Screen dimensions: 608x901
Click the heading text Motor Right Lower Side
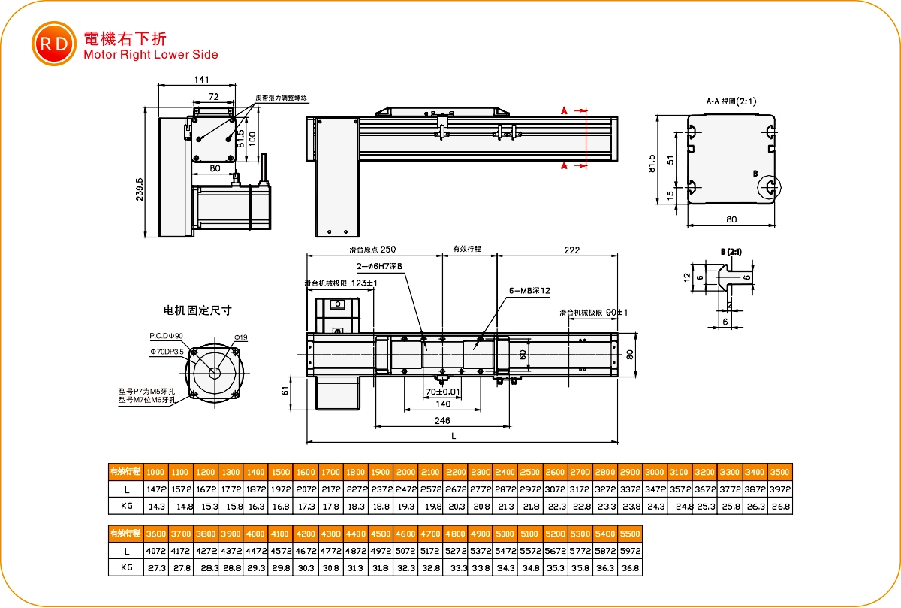[151, 54]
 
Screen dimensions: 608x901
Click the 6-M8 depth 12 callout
[529, 290]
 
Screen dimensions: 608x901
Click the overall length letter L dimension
[454, 435]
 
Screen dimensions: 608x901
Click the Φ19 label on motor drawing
[240, 337]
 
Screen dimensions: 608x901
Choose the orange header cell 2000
[405, 472]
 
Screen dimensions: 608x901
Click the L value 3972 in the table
[780, 489]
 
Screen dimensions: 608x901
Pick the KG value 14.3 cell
[155, 507]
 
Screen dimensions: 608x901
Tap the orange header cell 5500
[630, 534]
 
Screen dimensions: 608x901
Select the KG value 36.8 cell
[630, 568]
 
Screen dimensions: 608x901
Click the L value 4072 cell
[155, 551]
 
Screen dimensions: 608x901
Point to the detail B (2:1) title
[731, 251]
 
